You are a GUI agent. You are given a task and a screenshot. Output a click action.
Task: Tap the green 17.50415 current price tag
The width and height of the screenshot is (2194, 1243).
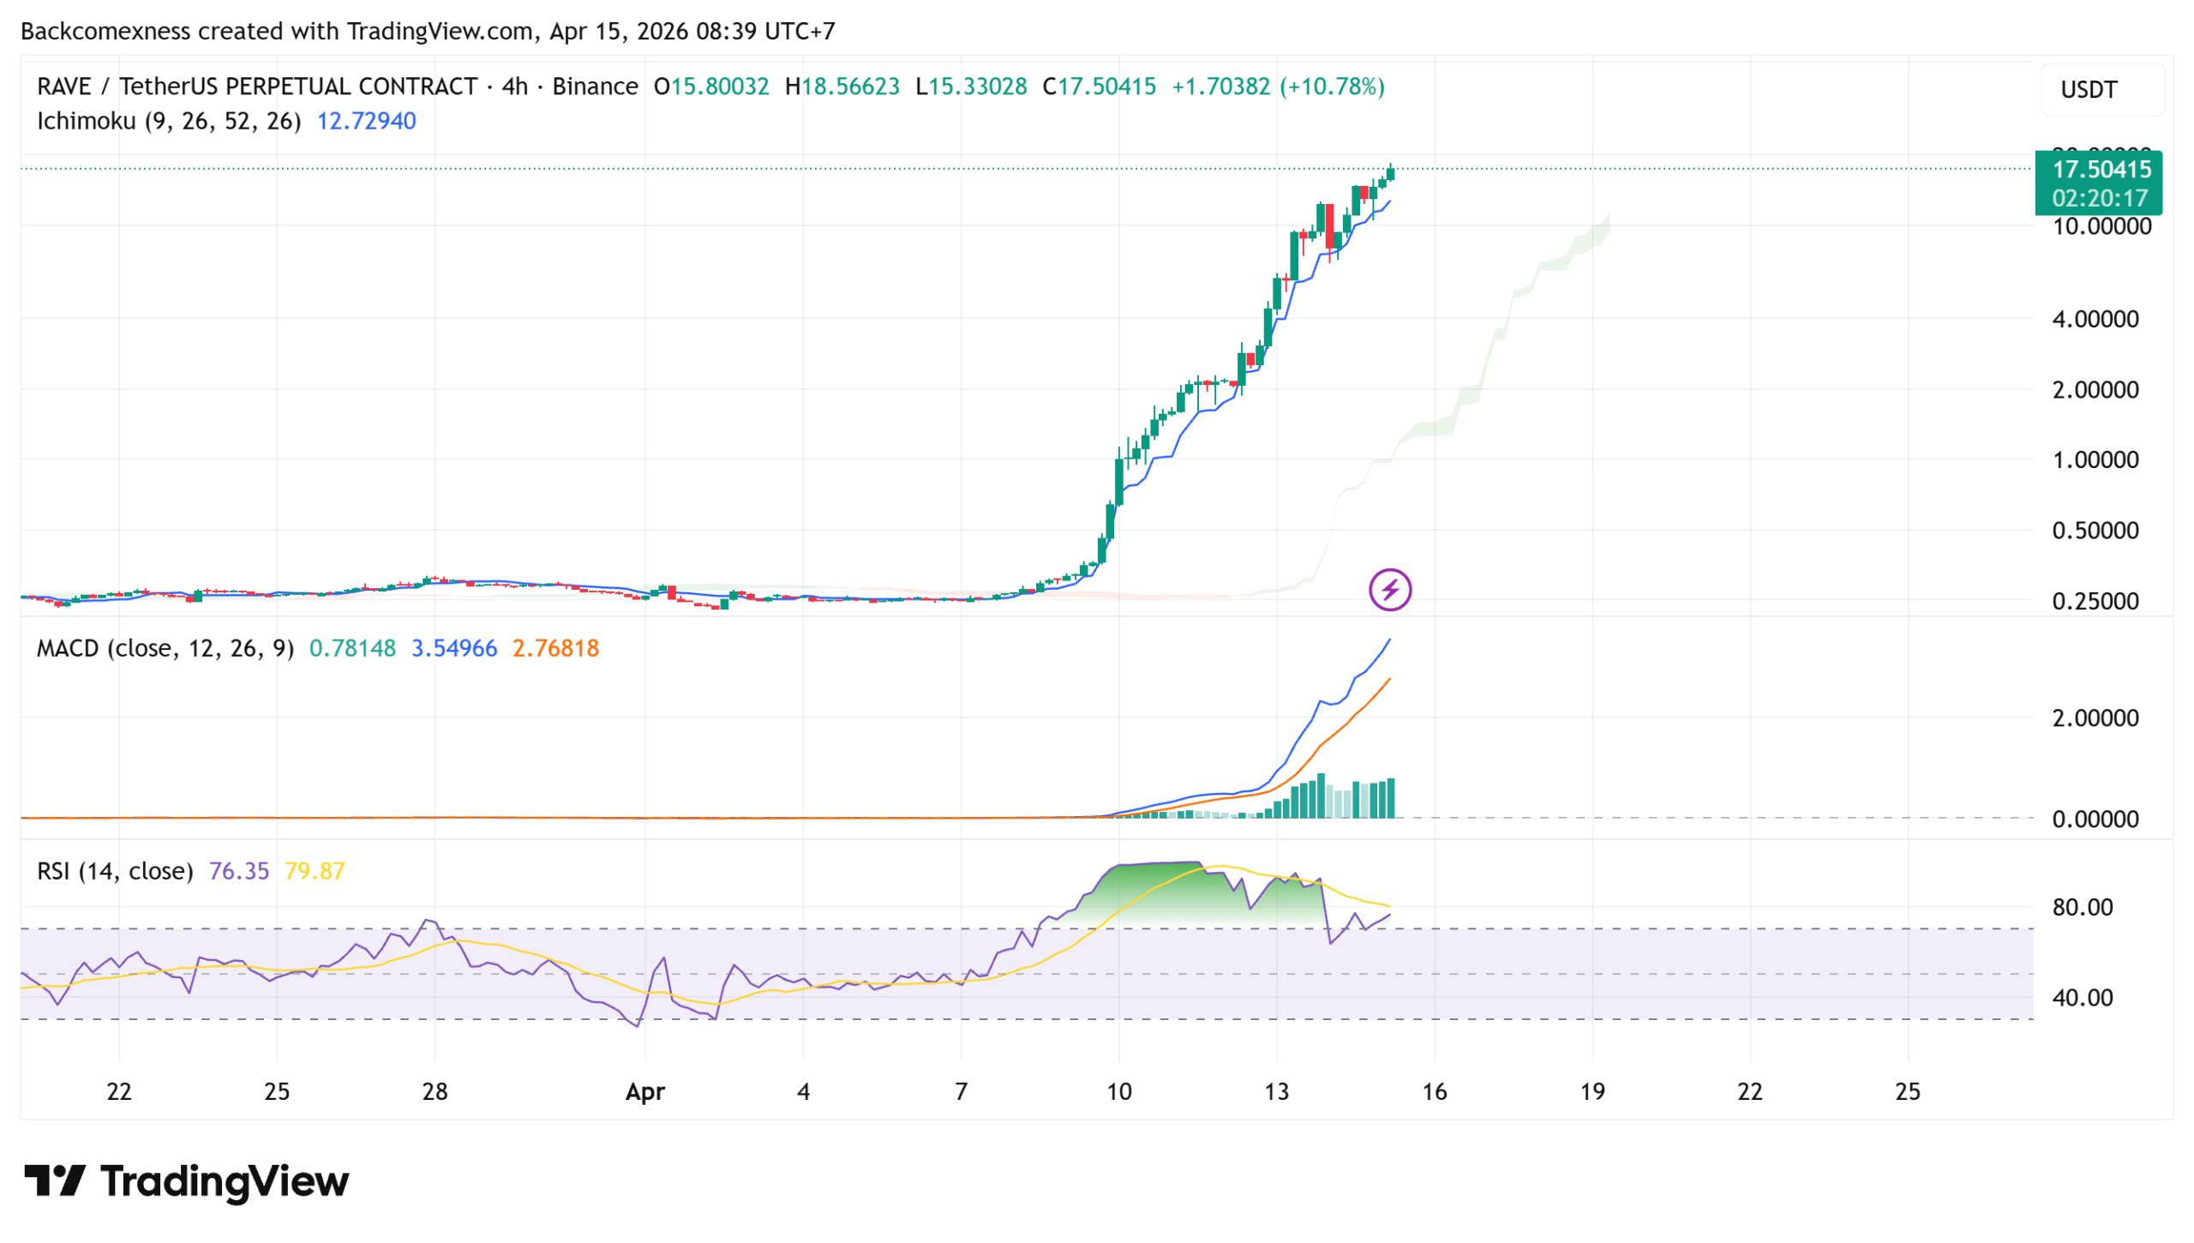click(2100, 170)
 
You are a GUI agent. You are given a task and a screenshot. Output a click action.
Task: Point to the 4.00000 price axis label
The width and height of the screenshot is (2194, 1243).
click(2095, 319)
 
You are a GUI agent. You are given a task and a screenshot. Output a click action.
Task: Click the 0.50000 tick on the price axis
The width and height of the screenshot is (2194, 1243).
click(2095, 531)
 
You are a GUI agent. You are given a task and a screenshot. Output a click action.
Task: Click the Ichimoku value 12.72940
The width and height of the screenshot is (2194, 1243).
click(366, 121)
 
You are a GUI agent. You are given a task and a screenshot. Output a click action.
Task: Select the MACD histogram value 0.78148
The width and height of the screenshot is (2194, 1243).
click(352, 648)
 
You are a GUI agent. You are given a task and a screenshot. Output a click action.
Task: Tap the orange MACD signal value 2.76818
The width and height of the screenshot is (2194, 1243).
click(555, 648)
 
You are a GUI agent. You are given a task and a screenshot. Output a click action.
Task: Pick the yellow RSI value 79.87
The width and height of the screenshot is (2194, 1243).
click(315, 871)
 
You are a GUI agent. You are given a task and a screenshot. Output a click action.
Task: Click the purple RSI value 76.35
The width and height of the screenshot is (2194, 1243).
click(238, 871)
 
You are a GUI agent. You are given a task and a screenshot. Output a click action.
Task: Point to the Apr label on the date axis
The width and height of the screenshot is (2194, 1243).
click(644, 1091)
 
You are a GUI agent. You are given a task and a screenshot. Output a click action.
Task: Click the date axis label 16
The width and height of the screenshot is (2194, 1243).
click(1434, 1091)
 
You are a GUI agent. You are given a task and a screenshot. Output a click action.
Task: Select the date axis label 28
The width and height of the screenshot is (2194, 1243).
click(435, 1091)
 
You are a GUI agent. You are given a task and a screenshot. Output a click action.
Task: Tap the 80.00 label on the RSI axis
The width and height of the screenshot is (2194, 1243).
click(2082, 907)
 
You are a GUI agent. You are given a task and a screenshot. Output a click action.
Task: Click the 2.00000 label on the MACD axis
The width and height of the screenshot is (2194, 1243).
click(2095, 718)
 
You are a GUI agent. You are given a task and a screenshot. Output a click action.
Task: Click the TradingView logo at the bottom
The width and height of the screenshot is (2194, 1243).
click(187, 1180)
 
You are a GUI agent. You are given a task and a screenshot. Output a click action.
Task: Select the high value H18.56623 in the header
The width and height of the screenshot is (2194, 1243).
click(842, 87)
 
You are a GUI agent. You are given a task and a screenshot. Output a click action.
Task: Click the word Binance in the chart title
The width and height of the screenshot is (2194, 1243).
click(595, 87)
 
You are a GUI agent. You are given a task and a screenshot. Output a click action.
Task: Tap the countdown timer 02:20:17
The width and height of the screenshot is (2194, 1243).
click(2099, 198)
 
